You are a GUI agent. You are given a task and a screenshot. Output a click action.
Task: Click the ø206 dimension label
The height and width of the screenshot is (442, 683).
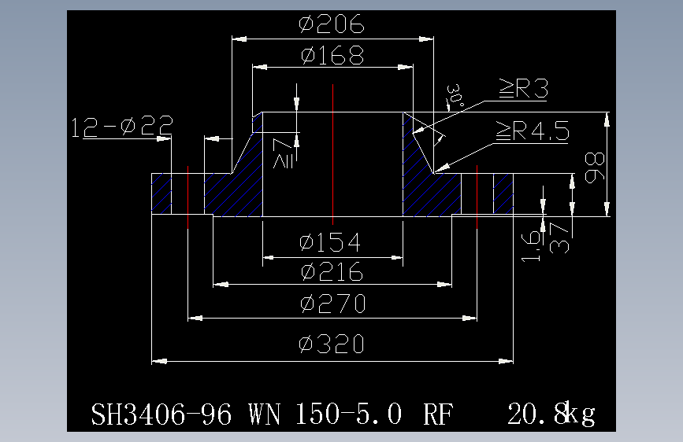point(332,24)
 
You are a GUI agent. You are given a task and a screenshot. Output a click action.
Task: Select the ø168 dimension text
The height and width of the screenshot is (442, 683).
point(332,55)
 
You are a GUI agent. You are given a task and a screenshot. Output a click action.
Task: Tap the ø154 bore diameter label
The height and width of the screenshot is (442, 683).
point(330,242)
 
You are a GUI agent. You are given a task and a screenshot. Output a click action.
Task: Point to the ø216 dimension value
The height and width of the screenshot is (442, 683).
point(332,272)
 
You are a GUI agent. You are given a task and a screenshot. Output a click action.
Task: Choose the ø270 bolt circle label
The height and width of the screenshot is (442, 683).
point(332,304)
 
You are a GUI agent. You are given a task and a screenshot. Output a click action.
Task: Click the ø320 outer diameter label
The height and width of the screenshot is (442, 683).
point(332,344)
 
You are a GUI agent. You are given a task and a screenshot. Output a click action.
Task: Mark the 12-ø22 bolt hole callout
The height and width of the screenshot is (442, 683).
point(122,126)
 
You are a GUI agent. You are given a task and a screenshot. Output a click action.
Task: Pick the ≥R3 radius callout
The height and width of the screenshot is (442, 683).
point(523,89)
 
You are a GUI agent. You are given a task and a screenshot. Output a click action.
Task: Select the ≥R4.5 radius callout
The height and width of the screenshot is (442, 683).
point(533,131)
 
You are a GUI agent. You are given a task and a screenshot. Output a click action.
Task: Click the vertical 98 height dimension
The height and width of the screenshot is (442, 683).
point(595,168)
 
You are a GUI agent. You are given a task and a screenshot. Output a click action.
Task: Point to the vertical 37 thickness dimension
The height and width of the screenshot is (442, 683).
point(559,238)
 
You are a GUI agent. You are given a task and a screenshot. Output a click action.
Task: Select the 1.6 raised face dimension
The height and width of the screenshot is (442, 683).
point(531,246)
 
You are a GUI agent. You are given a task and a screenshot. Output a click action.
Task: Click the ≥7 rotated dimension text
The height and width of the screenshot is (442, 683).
point(283,153)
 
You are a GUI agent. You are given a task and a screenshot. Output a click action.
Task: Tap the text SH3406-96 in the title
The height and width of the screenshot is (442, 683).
point(161,414)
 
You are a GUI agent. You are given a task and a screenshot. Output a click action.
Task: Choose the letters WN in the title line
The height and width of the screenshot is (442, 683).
point(265,414)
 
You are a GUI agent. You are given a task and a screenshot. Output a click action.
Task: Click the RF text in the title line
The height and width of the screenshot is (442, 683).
point(438,414)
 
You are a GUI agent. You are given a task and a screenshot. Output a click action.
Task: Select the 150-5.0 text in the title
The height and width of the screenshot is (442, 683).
point(348,414)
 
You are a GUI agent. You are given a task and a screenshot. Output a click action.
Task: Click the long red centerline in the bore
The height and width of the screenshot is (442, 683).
point(332,154)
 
